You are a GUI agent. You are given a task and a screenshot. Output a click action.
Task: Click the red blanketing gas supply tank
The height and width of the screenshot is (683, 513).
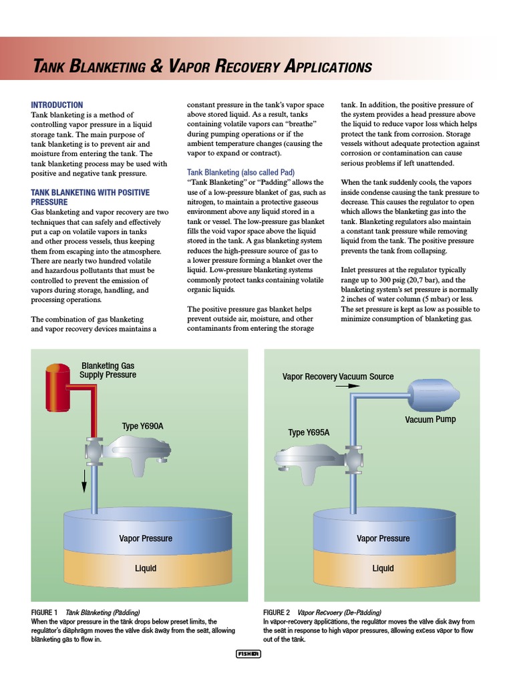[57, 388]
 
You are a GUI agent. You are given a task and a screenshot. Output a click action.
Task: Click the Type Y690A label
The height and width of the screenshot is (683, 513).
[142, 426]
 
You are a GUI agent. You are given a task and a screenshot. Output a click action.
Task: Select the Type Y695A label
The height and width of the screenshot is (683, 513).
[309, 432]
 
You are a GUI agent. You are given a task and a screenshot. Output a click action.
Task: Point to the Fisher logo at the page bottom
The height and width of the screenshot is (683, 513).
[248, 654]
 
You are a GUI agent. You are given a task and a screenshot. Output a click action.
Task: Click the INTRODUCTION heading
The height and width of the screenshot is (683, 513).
[57, 105]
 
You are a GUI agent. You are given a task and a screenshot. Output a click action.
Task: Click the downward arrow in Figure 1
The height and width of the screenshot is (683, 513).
[84, 479]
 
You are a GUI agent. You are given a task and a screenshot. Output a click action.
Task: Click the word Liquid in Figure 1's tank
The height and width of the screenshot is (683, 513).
[145, 568]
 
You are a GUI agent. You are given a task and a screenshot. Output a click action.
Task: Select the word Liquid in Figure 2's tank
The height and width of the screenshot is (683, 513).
[383, 568]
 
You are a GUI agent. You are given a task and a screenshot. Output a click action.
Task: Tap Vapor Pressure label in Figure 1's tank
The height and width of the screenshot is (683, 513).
[145, 538]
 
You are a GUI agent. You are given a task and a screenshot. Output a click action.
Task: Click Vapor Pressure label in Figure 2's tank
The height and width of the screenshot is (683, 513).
[383, 538]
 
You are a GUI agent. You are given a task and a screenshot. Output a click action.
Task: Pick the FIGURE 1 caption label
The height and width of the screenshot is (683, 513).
[44, 612]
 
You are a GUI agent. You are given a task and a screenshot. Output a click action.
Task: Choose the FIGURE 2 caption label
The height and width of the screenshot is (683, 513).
[277, 612]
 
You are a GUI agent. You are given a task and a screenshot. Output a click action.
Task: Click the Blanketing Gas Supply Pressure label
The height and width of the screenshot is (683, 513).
[108, 370]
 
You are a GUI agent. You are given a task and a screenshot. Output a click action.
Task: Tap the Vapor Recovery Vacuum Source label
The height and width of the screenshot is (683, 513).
[338, 376]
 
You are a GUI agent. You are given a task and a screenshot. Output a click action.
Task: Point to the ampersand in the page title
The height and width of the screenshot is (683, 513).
[157, 67]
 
